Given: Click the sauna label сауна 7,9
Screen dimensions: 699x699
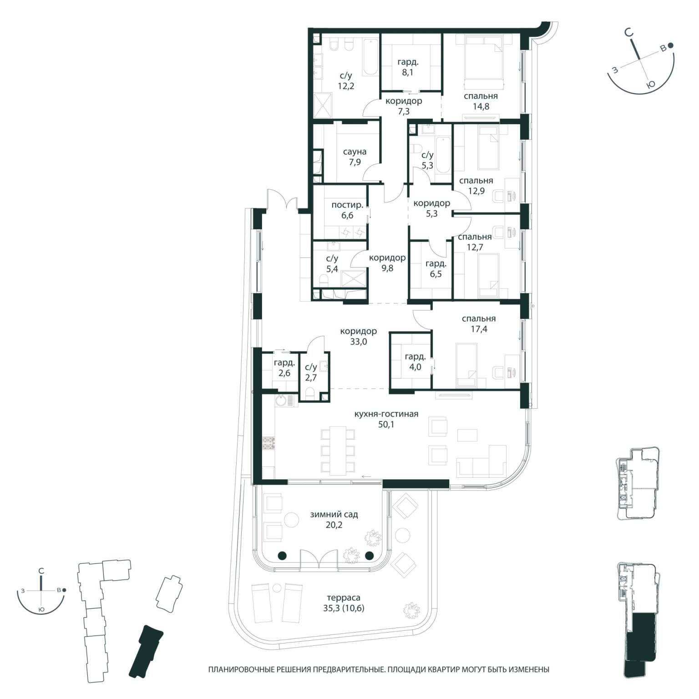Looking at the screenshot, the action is coord(355,157).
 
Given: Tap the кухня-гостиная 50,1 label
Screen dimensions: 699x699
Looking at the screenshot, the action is coord(386,419).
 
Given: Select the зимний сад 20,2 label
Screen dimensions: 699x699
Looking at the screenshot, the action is coord(334,519).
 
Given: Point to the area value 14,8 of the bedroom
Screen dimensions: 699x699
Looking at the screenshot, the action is coord(481,106).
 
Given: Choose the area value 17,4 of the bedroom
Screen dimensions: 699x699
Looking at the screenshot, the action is coord(479,329).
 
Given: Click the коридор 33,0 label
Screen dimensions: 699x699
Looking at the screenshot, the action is coord(359,336).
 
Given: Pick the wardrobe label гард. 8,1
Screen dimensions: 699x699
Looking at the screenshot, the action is coord(408,67).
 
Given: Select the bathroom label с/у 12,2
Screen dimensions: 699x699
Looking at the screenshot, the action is coord(346,81).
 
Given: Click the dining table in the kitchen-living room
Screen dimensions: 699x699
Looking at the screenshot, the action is coord(338,450).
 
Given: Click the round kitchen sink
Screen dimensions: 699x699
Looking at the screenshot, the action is coord(281,400).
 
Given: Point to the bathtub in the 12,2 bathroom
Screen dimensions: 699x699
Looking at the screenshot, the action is coord(370,56).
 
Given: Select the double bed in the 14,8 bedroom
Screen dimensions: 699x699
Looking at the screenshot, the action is coord(484,63).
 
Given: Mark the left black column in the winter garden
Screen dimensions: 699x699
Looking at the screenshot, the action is coord(282,555).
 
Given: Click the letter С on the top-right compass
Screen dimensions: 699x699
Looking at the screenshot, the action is coord(628,32).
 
